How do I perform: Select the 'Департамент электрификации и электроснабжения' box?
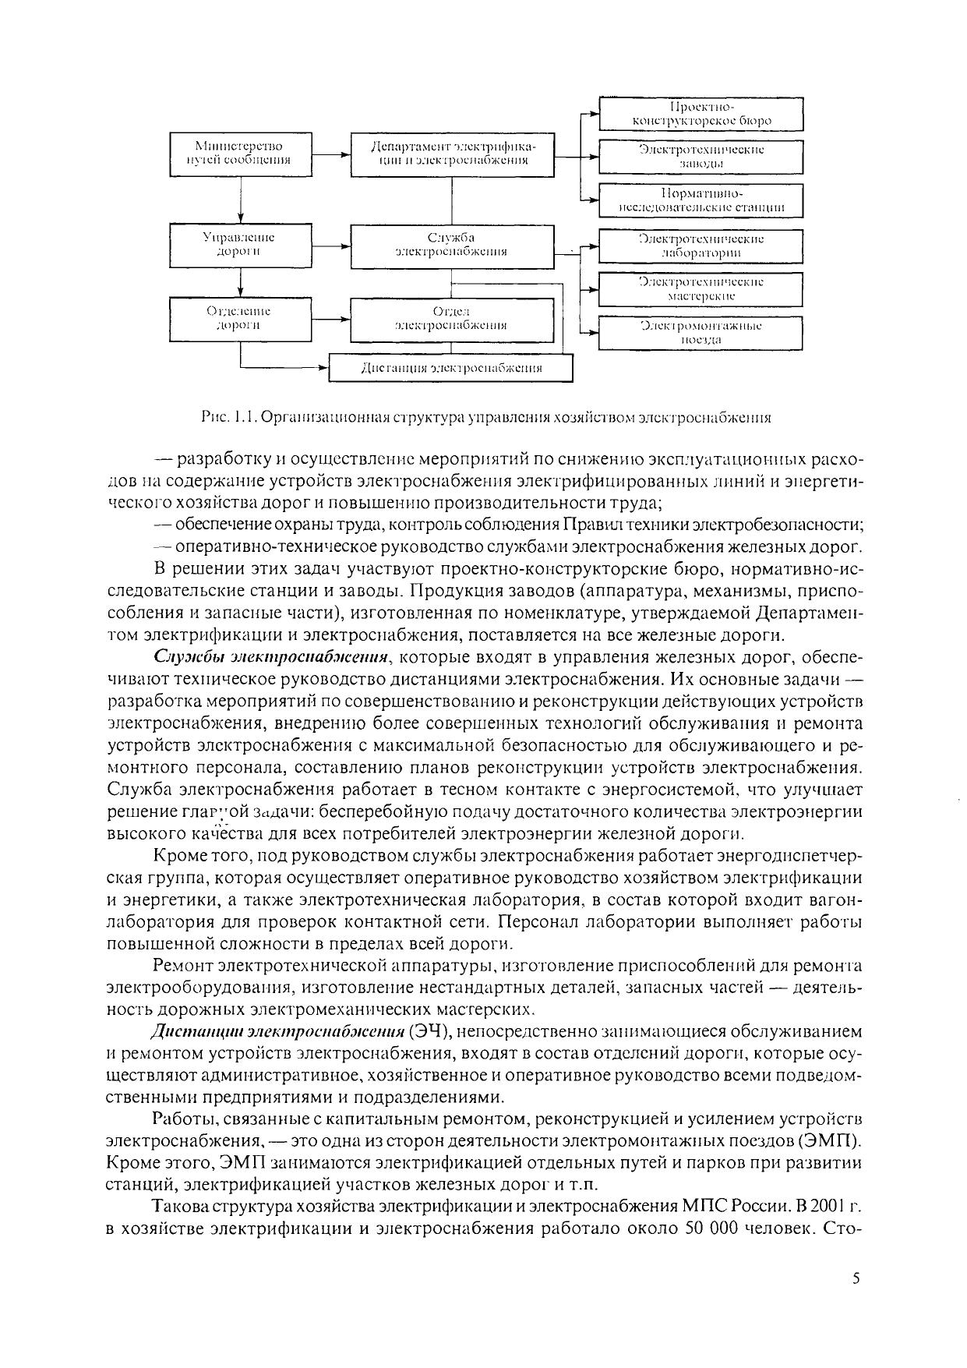[452, 154]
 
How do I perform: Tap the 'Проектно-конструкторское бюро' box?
[701, 114]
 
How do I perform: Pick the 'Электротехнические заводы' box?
[701, 156]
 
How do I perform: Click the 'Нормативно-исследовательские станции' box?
[701, 200]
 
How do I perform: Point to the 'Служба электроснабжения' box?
[452, 245]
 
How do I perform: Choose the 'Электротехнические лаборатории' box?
[701, 246]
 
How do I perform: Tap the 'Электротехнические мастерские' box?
[701, 289]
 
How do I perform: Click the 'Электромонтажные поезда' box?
[701, 332]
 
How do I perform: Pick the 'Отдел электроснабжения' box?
[452, 319]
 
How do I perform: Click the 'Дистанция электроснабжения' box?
[451, 369]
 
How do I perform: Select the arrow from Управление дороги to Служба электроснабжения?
[330, 246]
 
